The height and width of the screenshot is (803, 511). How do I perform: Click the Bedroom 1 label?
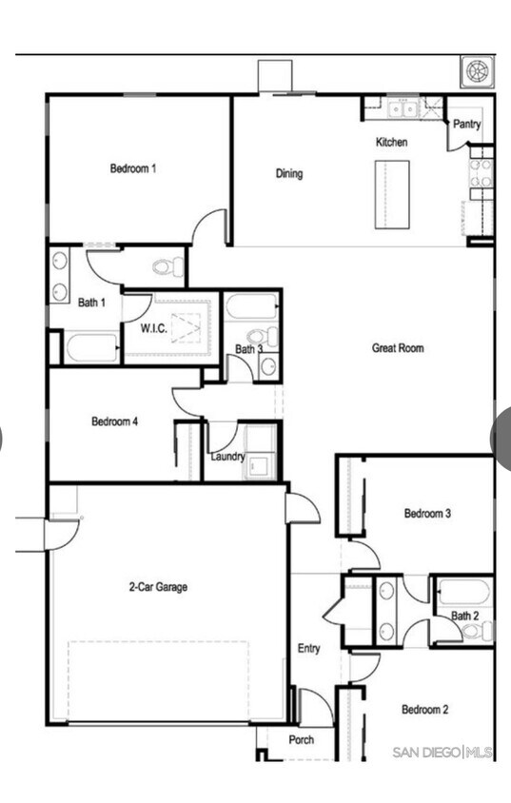[133, 168]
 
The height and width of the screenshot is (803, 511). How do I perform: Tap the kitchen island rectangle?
[391, 194]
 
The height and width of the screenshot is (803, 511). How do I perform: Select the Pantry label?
[466, 125]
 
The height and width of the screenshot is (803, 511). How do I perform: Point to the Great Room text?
[398, 348]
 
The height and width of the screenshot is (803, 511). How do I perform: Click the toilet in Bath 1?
[167, 266]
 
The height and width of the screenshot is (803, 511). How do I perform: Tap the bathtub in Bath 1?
[92, 347]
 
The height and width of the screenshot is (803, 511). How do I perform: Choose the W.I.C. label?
[154, 329]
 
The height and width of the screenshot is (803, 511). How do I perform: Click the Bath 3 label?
[249, 349]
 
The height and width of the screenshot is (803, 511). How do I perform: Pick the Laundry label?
[228, 457]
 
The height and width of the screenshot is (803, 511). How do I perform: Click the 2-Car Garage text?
[158, 587]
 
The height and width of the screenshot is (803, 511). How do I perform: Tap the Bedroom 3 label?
[427, 514]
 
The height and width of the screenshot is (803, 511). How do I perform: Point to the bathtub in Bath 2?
[464, 593]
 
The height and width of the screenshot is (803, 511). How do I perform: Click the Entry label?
[308, 649]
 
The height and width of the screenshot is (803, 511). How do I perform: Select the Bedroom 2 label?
[424, 709]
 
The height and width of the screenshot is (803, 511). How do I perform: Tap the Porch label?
[302, 740]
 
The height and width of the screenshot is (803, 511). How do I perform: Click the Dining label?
[289, 173]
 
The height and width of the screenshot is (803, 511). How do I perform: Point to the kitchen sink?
[403, 108]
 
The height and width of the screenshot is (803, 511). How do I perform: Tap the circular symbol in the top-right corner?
[477, 72]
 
